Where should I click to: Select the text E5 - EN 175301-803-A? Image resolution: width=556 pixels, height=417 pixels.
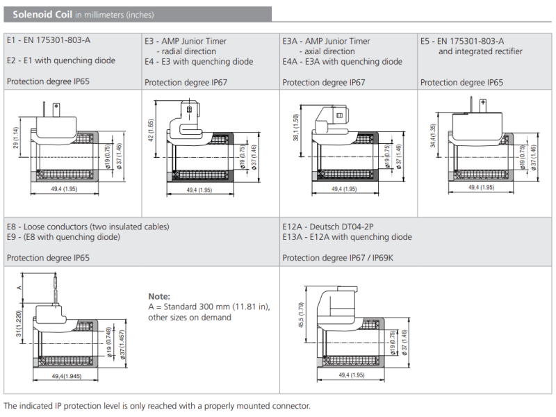coord(462,41)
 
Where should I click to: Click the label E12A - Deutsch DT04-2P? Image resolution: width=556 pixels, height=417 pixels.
coord(332,227)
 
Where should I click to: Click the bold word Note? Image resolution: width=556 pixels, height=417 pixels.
coord(159,296)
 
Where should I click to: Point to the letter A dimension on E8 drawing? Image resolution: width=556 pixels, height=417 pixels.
coord(20,286)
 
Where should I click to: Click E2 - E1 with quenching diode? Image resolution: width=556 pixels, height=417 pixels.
coord(61,60)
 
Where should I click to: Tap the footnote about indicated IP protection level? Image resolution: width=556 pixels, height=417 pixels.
coord(156,406)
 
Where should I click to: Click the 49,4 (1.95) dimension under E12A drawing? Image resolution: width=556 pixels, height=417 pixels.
coord(352,375)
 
